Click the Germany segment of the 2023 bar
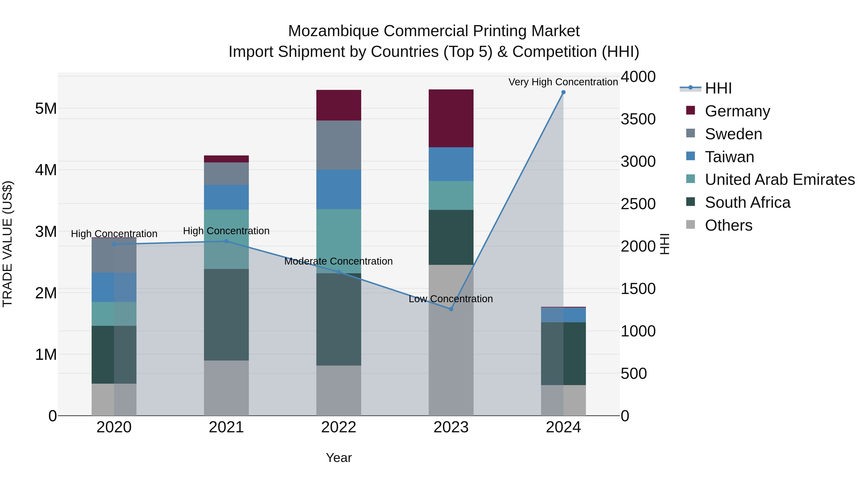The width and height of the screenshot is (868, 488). click(x=451, y=118)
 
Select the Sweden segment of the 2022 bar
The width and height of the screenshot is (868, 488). click(x=339, y=145)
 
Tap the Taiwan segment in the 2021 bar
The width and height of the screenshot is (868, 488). click(x=226, y=197)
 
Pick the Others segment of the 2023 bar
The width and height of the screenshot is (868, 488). click(x=451, y=340)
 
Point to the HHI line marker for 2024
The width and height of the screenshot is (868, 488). click(x=563, y=92)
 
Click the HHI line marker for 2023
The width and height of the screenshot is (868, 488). click(x=451, y=309)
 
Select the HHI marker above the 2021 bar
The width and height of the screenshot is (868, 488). click(x=226, y=241)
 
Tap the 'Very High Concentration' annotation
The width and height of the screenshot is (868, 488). click(x=563, y=82)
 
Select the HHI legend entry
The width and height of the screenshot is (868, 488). click(x=718, y=88)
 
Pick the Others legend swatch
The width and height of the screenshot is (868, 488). click(x=691, y=225)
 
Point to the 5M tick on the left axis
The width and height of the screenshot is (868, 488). click(x=46, y=108)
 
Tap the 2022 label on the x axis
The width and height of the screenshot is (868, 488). click(x=339, y=427)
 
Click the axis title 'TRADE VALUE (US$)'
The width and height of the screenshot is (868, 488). click(x=7, y=244)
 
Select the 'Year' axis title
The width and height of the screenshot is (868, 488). click(x=339, y=458)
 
